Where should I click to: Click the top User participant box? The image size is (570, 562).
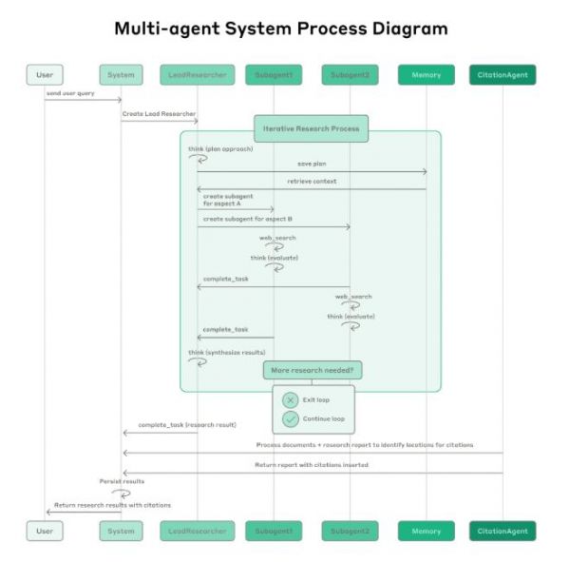(45, 74)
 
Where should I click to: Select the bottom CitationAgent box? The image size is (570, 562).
(503, 531)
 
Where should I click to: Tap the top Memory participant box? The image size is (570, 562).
(427, 74)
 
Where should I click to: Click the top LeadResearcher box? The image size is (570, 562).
(198, 74)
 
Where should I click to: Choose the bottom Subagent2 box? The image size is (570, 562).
(350, 531)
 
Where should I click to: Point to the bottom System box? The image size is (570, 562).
(122, 531)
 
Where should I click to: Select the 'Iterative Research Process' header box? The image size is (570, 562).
(312, 127)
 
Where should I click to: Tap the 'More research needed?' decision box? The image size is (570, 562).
(313, 370)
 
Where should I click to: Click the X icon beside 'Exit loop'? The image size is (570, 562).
(291, 400)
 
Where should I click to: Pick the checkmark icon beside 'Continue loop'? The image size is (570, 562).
(291, 418)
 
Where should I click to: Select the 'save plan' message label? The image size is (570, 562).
(312, 165)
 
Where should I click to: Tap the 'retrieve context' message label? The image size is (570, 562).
(312, 182)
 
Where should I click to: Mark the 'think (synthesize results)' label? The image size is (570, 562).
(226, 353)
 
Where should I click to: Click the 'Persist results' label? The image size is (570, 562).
(122, 481)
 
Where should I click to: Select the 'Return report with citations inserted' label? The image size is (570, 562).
(312, 465)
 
